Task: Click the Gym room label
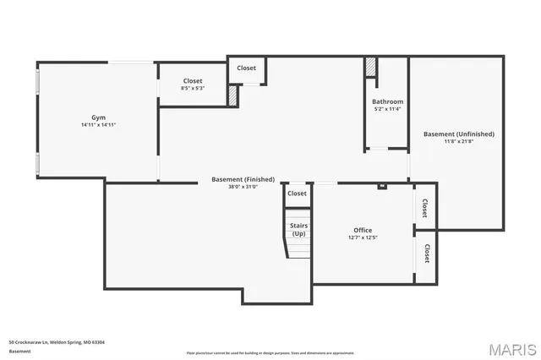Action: coord(98,117)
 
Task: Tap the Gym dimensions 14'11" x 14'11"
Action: coord(98,125)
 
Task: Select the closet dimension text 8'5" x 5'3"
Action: coord(192,89)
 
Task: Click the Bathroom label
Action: coord(387,101)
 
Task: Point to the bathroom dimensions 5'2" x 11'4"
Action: coord(387,109)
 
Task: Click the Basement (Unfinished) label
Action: coord(459,134)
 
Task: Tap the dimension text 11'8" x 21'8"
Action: coord(459,141)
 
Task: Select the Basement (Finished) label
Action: coord(243,179)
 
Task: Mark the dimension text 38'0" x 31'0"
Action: coord(243,187)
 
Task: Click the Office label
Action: coord(363,230)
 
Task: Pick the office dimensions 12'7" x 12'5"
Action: coord(363,237)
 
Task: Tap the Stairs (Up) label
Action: coord(298,230)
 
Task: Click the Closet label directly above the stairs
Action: coord(297,194)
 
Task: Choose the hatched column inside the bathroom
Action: coord(370,68)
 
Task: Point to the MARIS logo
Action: coord(512,349)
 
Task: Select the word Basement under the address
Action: coord(19,351)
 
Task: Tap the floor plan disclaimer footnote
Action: coord(270,353)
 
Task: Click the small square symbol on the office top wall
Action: coord(382,186)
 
